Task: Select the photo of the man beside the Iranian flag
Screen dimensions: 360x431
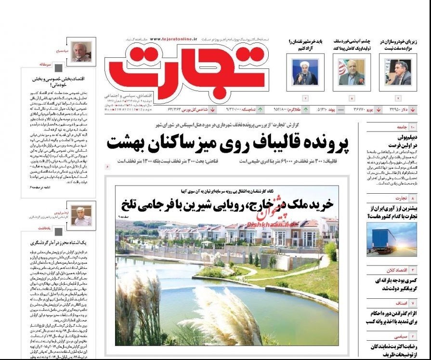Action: [351, 73]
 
